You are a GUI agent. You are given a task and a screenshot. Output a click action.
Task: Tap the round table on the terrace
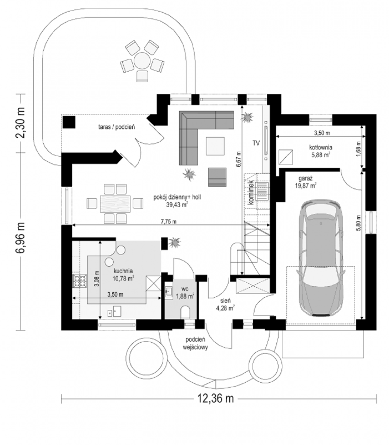click(x=142, y=60)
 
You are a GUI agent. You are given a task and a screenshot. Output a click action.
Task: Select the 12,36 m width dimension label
click(x=215, y=398)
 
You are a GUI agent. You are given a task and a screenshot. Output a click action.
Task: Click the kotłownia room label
click(x=320, y=147)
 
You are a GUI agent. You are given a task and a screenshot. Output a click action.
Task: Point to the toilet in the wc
click(x=185, y=312)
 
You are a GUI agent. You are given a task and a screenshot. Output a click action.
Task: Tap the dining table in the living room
click(x=115, y=204)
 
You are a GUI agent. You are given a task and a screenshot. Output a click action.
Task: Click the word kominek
click(x=251, y=192)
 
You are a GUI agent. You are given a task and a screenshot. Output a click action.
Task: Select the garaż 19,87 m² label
click(x=305, y=182)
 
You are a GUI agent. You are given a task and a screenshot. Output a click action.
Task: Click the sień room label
click(x=225, y=300)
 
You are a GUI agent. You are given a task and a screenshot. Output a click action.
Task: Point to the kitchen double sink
click(x=114, y=311)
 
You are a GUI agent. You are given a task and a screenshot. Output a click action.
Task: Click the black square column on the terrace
click(x=69, y=122)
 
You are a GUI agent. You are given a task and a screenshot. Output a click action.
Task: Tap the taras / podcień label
click(x=116, y=127)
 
